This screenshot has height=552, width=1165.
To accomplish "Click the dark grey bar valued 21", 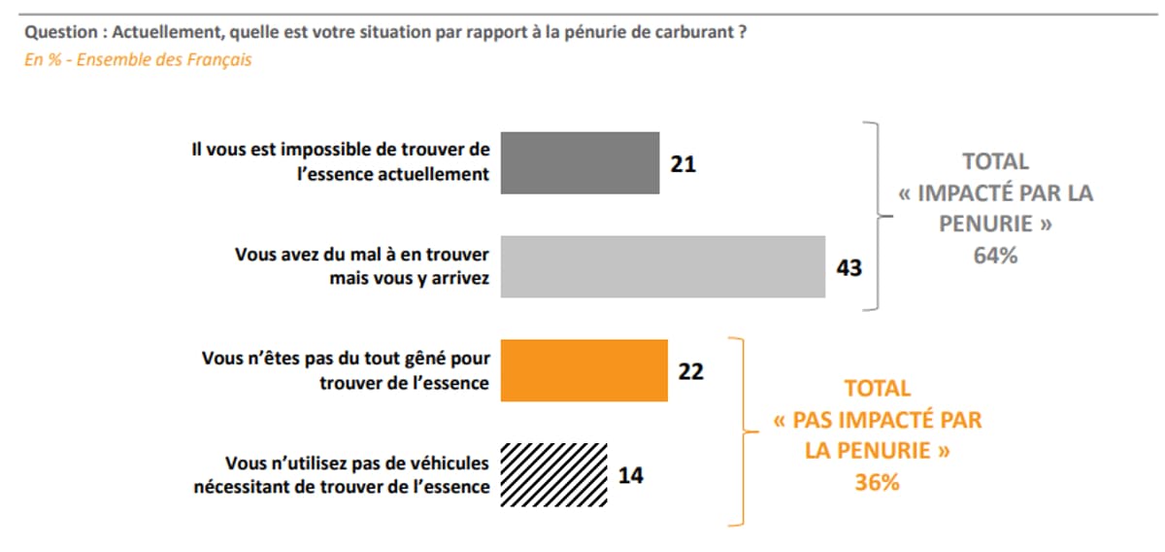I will point(579,163).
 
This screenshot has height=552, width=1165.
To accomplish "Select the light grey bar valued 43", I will point(662,266).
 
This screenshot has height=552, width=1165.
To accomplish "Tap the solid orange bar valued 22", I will point(582,370).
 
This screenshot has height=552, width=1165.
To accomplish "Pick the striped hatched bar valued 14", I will point(553,475).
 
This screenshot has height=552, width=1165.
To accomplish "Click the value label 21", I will point(683,164).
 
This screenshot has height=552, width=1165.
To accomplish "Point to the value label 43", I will point(849,267).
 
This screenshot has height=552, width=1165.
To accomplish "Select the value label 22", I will point(690,371).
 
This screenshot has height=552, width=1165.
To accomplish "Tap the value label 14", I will point(631,476).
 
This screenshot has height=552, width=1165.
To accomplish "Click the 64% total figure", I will point(995,257).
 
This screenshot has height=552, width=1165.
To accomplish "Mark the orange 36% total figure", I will point(877,482).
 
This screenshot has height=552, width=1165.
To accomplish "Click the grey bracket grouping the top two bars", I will point(874,217).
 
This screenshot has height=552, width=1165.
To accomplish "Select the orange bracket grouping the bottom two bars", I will point(741,431).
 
